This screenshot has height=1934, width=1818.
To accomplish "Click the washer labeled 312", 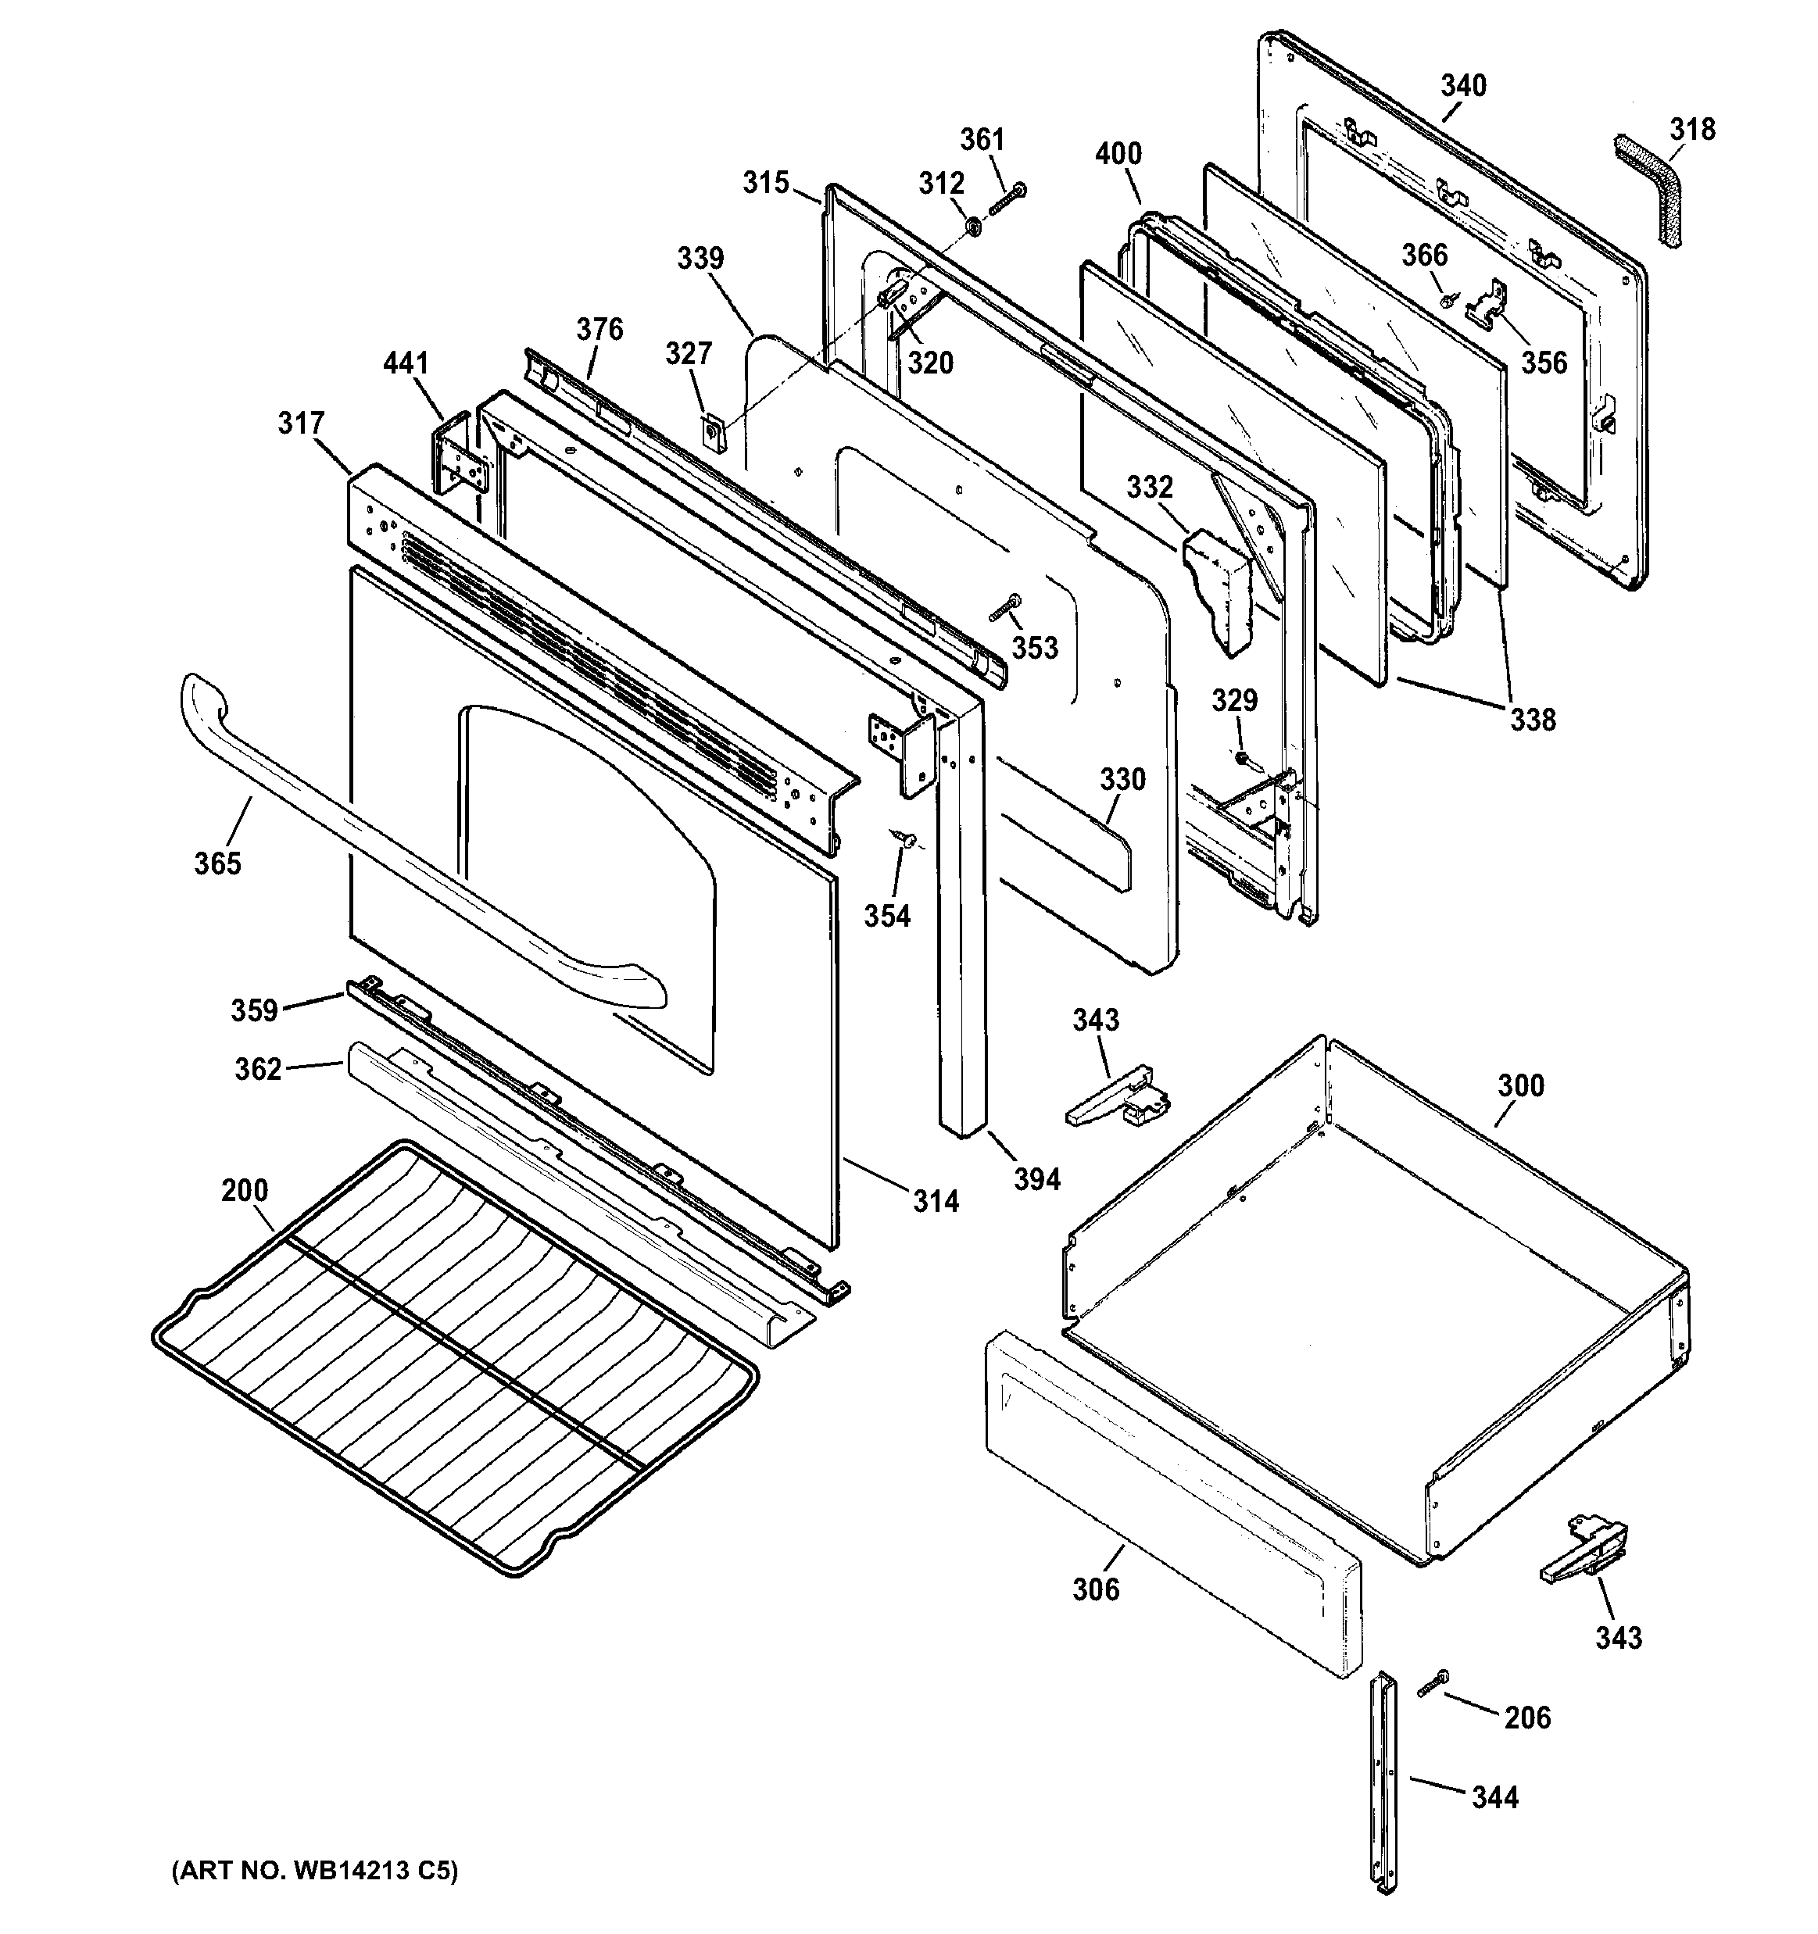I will (972, 227).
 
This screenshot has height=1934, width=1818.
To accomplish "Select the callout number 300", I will (1520, 1085).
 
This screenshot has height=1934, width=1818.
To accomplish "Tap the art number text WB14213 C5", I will (313, 1871).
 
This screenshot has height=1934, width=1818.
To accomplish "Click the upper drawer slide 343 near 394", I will (1119, 1099).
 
